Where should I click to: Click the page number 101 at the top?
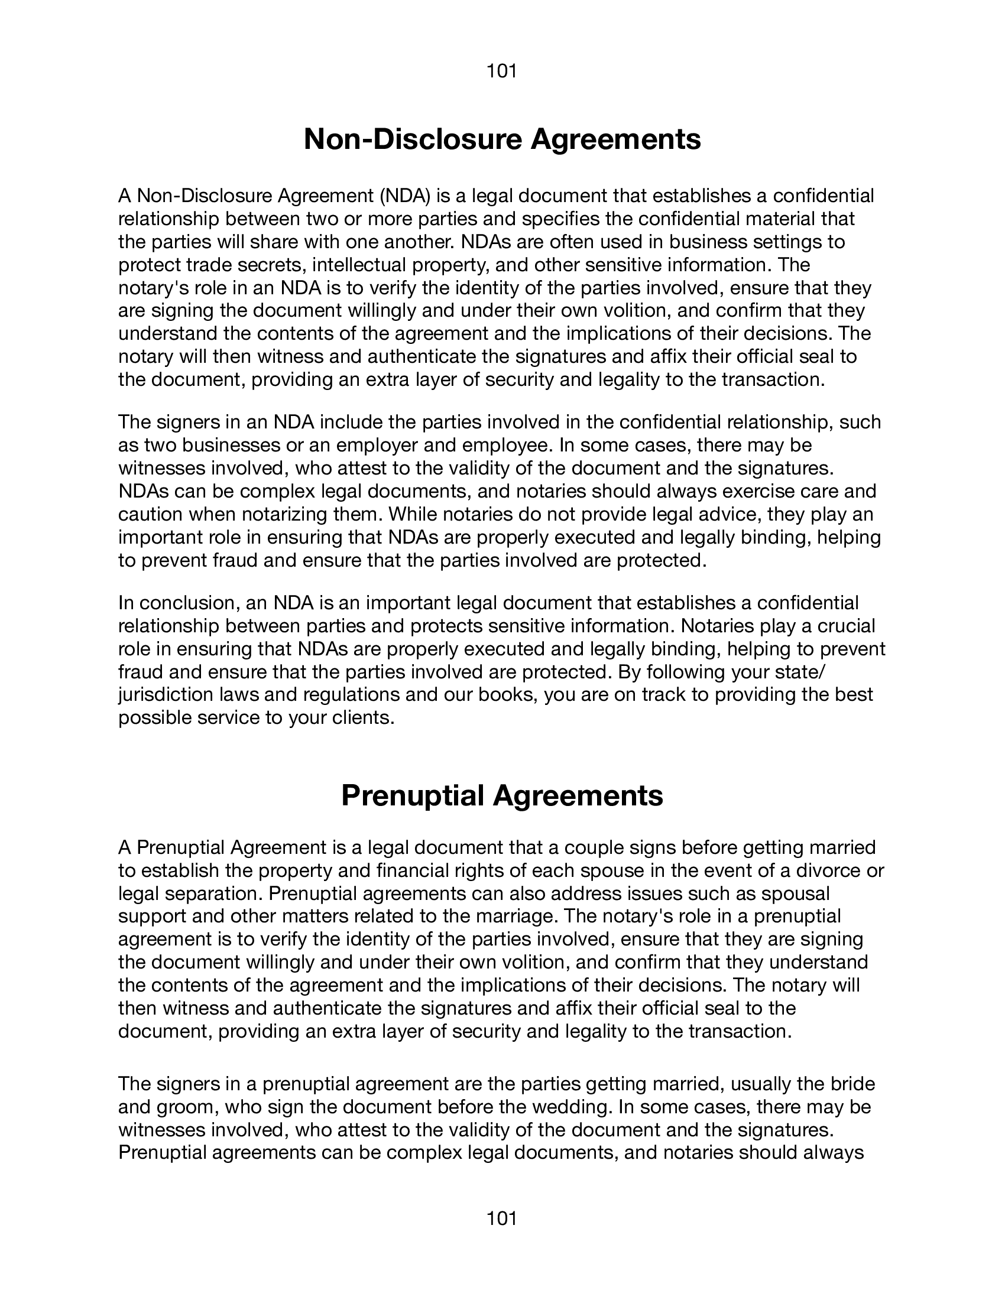click(501, 71)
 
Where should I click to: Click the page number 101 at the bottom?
click(501, 1218)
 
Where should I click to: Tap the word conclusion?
click(189, 602)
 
